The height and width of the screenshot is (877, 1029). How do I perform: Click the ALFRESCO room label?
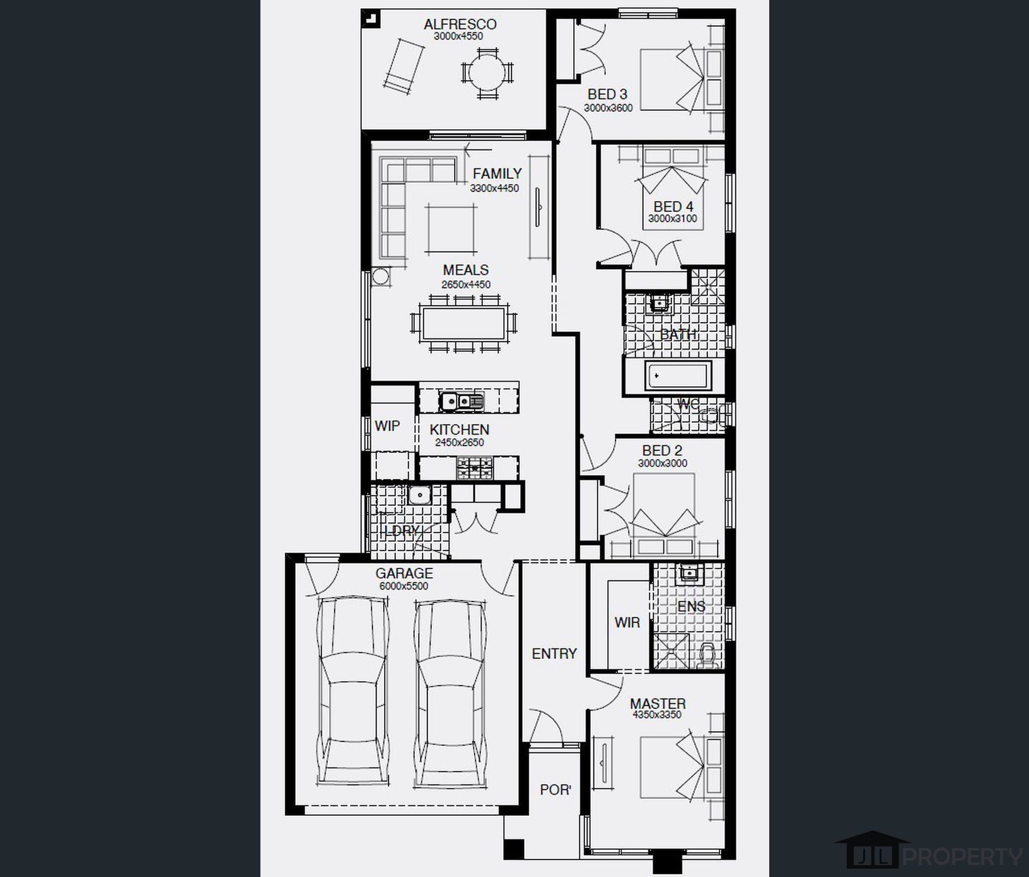pos(460,25)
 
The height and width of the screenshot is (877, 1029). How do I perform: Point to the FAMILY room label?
pos(497,173)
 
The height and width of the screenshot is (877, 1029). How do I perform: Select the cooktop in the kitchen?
pos(474,467)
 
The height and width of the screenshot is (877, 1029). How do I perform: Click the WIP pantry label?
pos(387,426)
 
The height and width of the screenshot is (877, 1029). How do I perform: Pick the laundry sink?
pos(418,495)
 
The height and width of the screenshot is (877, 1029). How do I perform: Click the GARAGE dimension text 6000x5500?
pos(404,586)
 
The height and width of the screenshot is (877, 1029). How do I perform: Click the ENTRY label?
pos(554,654)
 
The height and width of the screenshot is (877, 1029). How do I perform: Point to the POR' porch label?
pos(555,789)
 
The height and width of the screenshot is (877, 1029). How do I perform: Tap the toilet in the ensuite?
pos(709,655)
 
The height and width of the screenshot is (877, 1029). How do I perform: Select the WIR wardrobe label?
pos(627,622)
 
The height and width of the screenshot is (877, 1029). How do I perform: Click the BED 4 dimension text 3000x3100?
pos(673,219)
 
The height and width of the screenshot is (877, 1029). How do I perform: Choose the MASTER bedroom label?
pos(658,703)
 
